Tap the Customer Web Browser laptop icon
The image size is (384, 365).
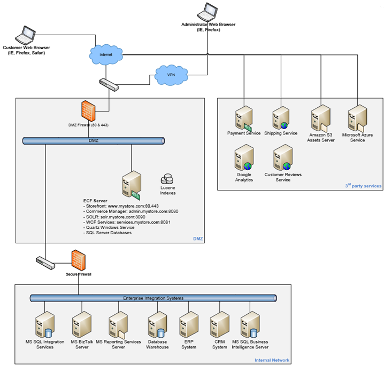pyautogui.click(x=25, y=36)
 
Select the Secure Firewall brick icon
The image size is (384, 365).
pyautogui.click(x=80, y=260)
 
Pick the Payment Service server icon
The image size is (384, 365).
pyautogui.click(x=243, y=118)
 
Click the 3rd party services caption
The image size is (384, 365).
pyautogui.click(x=364, y=186)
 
